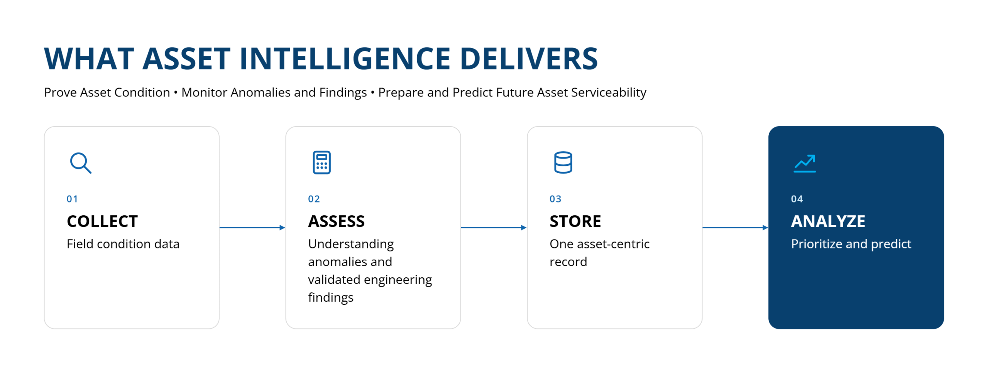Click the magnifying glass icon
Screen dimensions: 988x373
click(81, 163)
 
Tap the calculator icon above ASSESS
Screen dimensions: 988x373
click(321, 162)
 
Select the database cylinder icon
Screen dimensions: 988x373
click(563, 162)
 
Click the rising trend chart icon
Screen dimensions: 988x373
click(804, 163)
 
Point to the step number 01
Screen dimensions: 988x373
click(72, 199)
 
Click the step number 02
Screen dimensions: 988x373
click(314, 199)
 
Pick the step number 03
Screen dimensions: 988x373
click(555, 199)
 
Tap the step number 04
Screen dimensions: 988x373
click(797, 199)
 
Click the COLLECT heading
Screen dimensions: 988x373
click(102, 221)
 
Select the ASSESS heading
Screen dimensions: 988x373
click(336, 221)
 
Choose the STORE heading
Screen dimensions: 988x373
click(575, 221)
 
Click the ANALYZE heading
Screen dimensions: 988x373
click(828, 221)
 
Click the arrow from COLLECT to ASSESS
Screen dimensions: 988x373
click(252, 228)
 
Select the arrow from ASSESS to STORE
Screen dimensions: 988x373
click(494, 228)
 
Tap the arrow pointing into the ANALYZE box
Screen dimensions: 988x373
click(736, 228)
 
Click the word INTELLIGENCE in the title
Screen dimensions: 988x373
click(345, 59)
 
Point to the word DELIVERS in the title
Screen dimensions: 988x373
click(529, 59)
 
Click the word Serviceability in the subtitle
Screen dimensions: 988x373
click(609, 93)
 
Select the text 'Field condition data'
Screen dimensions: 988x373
click(123, 244)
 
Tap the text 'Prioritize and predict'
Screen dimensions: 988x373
click(851, 245)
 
